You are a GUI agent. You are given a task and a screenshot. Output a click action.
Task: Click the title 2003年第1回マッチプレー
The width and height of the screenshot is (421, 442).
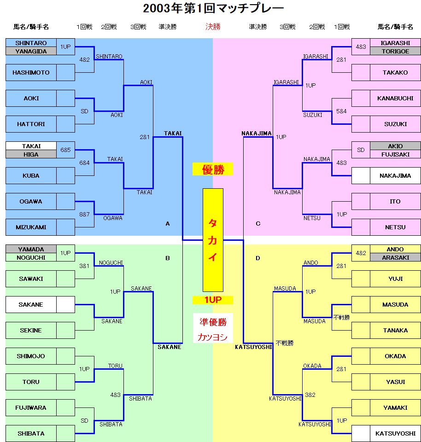213,8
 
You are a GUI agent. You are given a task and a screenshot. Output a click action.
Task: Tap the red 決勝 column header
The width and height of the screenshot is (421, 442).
213,27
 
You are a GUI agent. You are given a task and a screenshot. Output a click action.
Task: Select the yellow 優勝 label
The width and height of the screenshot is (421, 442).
213,169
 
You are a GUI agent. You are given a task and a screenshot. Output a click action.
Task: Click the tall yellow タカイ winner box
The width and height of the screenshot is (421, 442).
213,240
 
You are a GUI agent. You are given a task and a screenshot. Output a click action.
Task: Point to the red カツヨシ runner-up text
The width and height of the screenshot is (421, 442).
213,337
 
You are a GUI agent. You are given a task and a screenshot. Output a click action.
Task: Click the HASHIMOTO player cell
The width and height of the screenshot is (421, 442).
31,73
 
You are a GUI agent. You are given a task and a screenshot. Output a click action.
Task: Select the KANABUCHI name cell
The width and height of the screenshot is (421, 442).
395,99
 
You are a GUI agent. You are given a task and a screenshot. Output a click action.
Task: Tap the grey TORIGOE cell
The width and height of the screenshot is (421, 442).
395,51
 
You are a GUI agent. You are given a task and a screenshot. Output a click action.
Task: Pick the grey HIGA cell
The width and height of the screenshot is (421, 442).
31,154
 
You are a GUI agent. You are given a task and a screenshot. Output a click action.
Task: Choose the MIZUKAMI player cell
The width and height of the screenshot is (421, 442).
31,227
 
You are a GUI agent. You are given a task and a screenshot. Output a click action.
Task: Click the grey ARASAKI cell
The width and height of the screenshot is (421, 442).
395,257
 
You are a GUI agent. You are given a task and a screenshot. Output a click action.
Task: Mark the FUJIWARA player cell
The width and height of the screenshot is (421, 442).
31,408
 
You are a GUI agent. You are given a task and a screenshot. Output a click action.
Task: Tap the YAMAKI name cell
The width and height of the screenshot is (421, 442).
395,408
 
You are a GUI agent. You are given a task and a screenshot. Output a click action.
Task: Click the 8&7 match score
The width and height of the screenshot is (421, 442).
85,214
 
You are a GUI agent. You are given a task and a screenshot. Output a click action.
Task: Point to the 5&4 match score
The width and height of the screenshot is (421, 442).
341,111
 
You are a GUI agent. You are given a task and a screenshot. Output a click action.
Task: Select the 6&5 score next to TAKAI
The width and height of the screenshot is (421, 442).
66,150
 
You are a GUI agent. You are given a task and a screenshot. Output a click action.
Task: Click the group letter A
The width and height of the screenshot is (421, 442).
168,224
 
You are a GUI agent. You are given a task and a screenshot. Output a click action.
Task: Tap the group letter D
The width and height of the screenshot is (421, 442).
258,258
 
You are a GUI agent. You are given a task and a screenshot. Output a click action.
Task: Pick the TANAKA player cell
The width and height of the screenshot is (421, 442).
395,331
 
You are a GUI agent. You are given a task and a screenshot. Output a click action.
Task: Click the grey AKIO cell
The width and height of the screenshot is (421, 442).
395,146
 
